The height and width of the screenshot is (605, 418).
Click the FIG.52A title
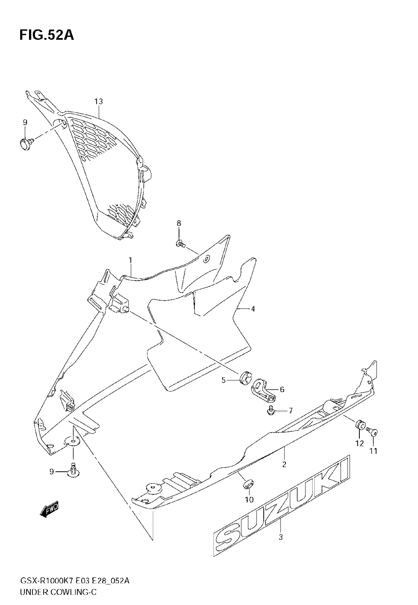[x=47, y=35]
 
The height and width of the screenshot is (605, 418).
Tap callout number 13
[x=99, y=101]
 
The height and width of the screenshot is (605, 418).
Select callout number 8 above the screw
[x=179, y=223]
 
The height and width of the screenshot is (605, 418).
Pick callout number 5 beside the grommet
[x=224, y=380]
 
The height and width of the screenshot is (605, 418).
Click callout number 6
[x=282, y=389]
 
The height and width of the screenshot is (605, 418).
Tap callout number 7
[x=290, y=411]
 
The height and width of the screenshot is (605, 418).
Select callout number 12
[x=360, y=443]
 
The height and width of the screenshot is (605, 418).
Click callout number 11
[x=373, y=451]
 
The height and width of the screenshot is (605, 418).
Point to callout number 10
[x=249, y=500]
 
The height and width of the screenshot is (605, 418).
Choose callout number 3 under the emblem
[x=281, y=537]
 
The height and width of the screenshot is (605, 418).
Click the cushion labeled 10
[x=248, y=484]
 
